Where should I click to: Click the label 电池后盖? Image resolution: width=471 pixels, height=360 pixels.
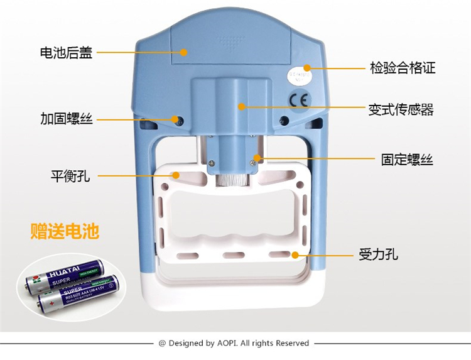pos(66,53)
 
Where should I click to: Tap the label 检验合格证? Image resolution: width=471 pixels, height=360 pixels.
pos(403,68)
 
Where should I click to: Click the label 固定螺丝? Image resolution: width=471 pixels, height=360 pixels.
pos(407,160)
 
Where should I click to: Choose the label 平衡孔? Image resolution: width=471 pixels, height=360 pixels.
pos(70,176)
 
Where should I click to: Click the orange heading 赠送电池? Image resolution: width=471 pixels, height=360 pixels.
pos(65,231)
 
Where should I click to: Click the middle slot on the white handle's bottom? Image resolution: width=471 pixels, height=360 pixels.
pos(234,255)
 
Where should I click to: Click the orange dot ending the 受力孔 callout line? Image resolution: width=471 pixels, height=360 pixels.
pos(294,255)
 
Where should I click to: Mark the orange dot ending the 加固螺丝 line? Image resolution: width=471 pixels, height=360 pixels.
pos(175,118)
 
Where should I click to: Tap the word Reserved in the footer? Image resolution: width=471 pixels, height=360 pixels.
pos(292,343)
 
